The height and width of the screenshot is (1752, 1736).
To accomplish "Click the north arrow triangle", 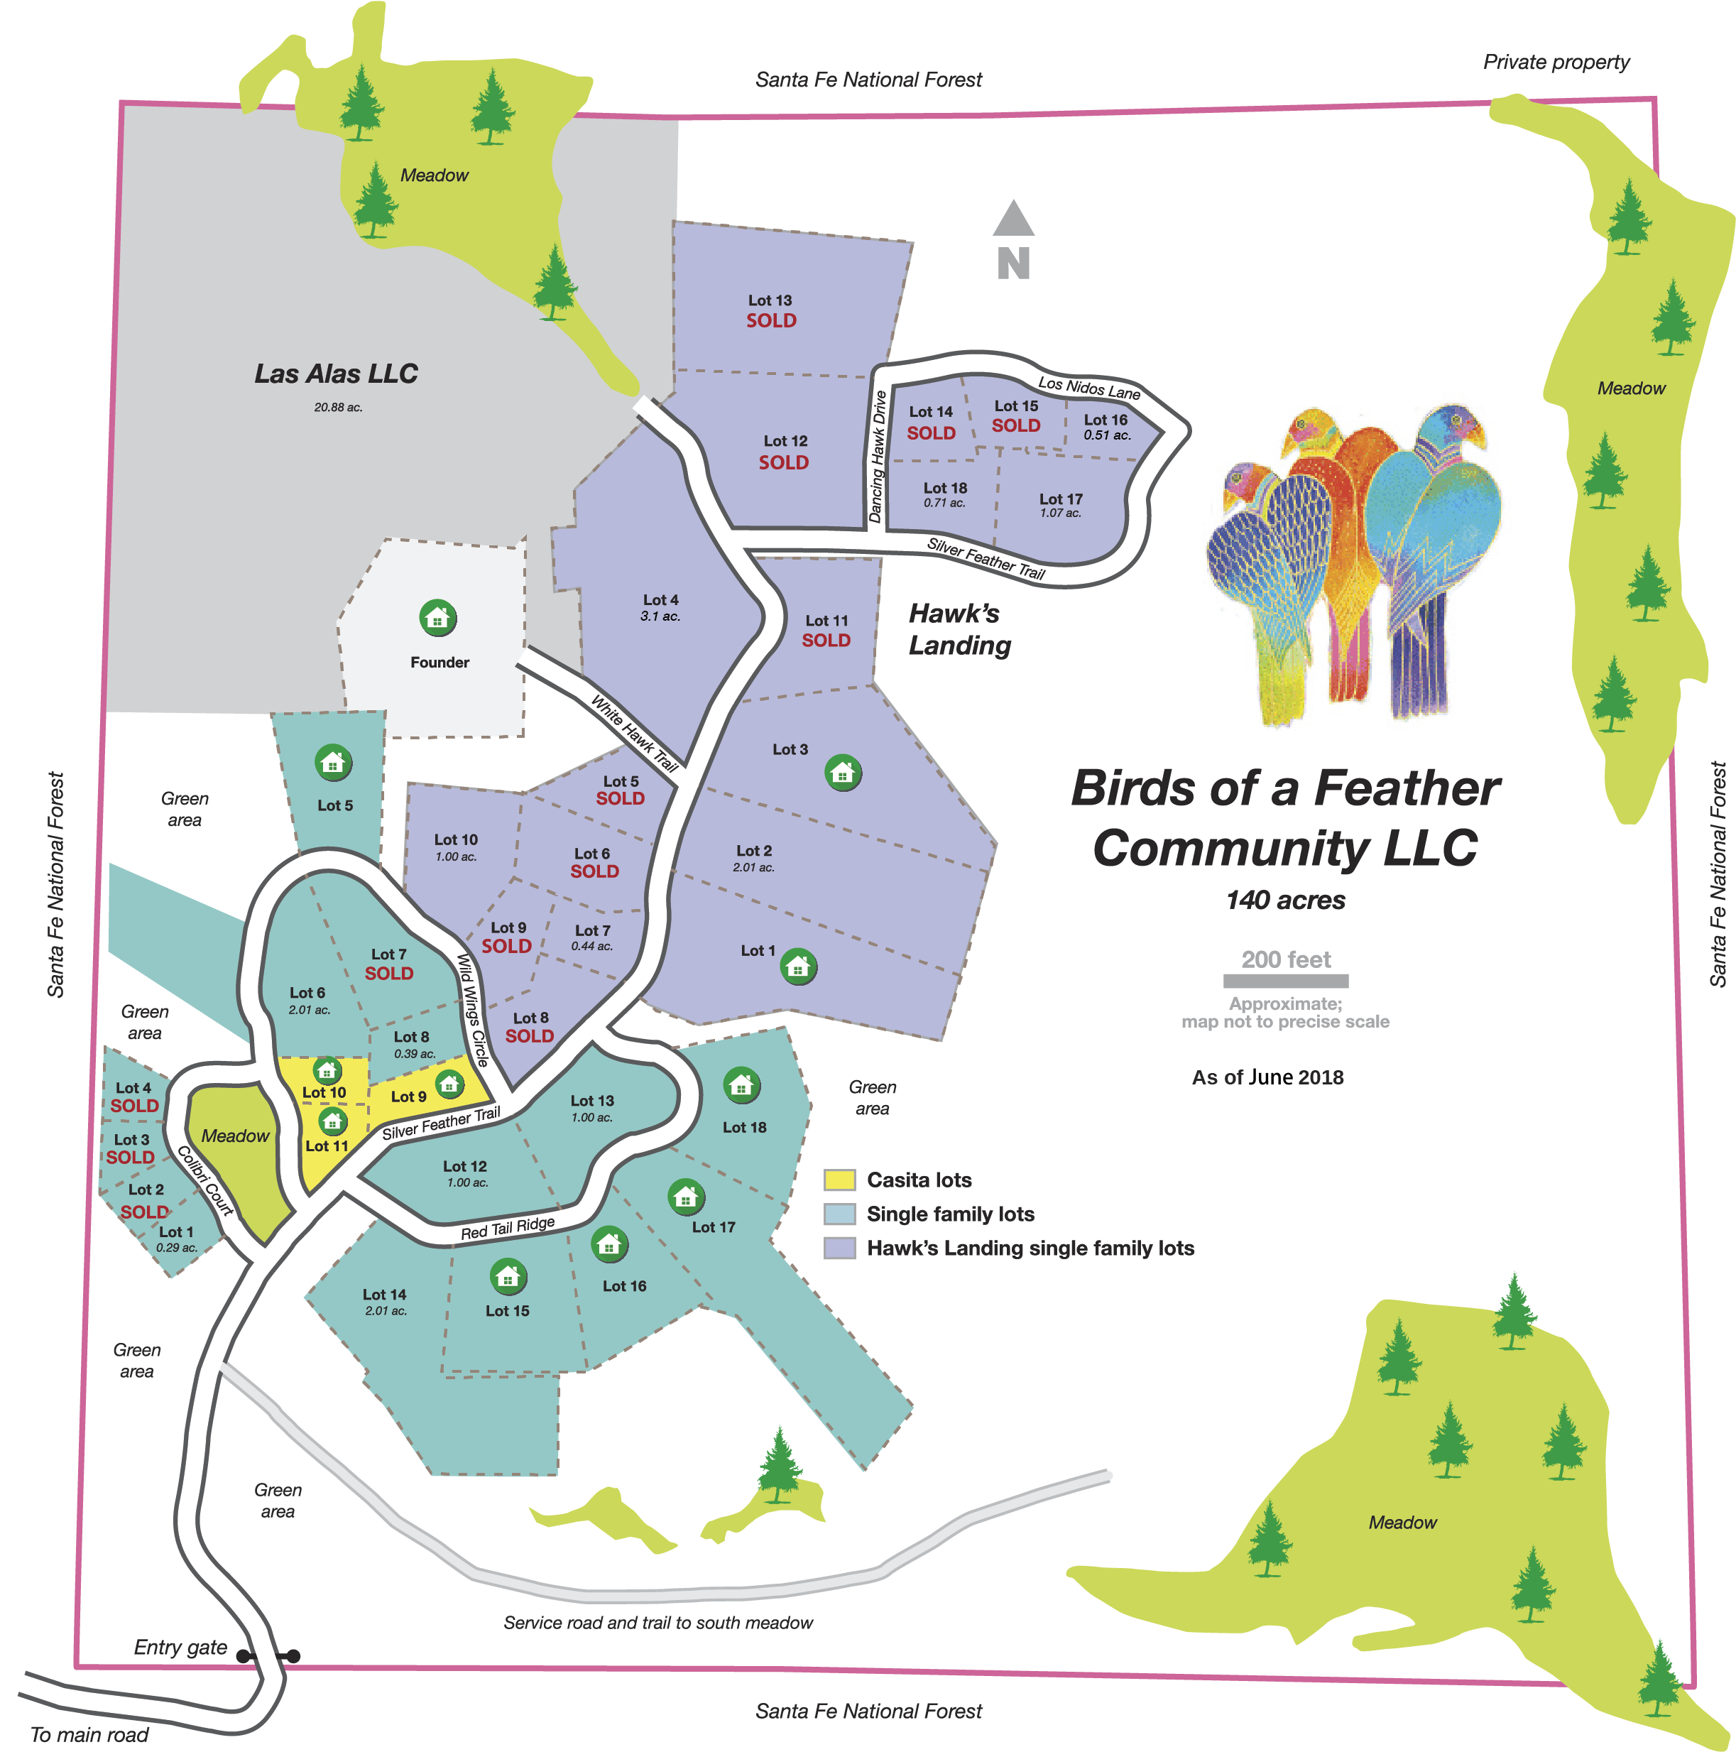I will tap(1013, 219).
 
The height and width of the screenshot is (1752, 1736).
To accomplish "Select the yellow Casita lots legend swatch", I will tap(839, 1180).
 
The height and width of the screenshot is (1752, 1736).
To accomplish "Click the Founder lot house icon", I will tap(438, 619).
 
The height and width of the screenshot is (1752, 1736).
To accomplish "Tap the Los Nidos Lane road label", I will tap(1088, 388).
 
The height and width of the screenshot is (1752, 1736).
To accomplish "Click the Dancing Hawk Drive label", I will tap(877, 457).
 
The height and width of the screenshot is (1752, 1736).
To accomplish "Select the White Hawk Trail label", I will tap(635, 733).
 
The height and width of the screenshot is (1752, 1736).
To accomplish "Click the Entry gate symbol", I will tap(268, 1655).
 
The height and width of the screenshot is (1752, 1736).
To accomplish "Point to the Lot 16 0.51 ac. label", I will tap(1106, 426).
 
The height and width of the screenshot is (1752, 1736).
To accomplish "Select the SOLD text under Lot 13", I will tap(772, 320).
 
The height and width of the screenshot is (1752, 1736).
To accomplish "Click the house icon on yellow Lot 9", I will tap(449, 1083).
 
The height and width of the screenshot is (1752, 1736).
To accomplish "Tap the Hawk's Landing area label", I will tap(959, 629).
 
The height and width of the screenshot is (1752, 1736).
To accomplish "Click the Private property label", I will tap(1556, 62).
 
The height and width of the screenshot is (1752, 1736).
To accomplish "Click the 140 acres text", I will tap(1285, 901).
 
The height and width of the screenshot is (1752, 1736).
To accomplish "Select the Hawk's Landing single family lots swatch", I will tap(839, 1248).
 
